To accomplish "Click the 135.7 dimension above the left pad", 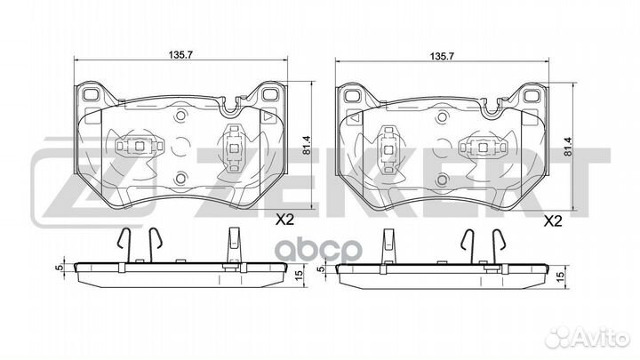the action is pyautogui.click(x=180, y=55).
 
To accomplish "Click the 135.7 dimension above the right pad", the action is pyautogui.click(x=442, y=57).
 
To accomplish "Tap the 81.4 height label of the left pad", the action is pyautogui.click(x=307, y=145).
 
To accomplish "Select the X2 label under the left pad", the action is pyautogui.click(x=284, y=220).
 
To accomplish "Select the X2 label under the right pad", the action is pyautogui.click(x=553, y=221).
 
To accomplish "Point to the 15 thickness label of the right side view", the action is pyautogui.click(x=561, y=276).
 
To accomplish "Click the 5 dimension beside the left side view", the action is pyautogui.click(x=60, y=268).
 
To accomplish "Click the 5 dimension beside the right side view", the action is pyautogui.click(x=322, y=269).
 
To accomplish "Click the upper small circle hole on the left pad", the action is pyautogui.click(x=180, y=116).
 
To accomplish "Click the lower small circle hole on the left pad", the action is pyautogui.click(x=180, y=178).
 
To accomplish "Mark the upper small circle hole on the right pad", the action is pyautogui.click(x=441, y=117).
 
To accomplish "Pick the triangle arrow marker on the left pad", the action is pyautogui.click(x=268, y=116).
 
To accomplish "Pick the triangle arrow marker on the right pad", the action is pyautogui.click(x=355, y=118).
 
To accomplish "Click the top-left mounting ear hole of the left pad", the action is pyautogui.click(x=90, y=94).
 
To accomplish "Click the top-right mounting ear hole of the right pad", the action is pyautogui.click(x=531, y=96).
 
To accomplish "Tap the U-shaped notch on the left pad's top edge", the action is pyautogui.click(x=230, y=107).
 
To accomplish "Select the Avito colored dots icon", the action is pyautogui.click(x=559, y=338).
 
